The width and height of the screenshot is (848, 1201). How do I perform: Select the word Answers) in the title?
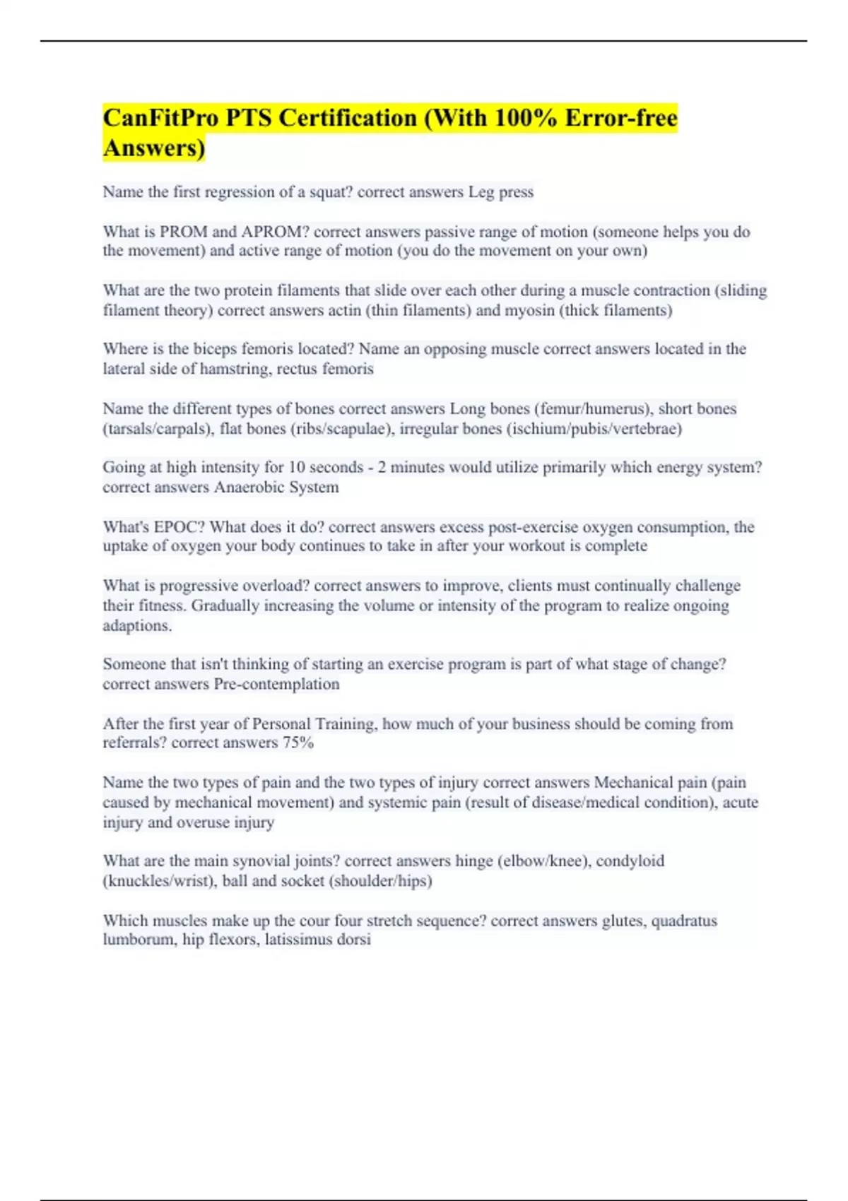[x=154, y=148]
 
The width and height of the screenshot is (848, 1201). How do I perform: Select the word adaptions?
[x=137, y=626]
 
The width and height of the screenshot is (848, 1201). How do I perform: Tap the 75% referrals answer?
[x=298, y=743]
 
